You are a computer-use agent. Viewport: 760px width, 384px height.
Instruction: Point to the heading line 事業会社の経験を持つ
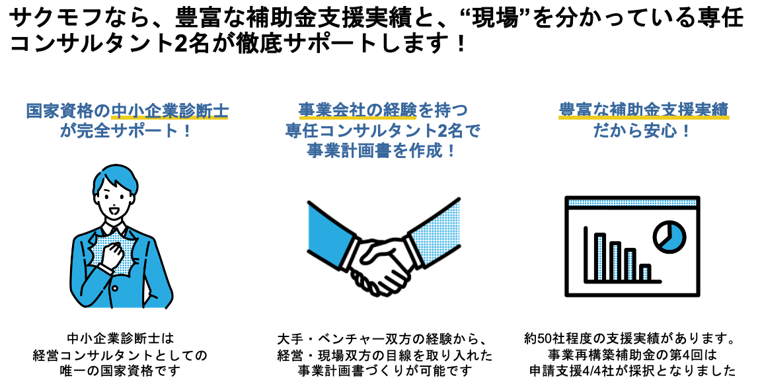[x=383, y=110]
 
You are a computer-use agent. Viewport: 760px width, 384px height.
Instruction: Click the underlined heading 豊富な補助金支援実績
[x=644, y=110]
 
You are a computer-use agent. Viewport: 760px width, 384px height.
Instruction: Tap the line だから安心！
[x=644, y=130]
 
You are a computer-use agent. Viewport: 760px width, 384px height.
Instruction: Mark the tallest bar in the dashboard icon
[x=600, y=256]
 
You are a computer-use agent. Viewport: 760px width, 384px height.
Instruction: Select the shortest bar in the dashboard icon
[x=646, y=272]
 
